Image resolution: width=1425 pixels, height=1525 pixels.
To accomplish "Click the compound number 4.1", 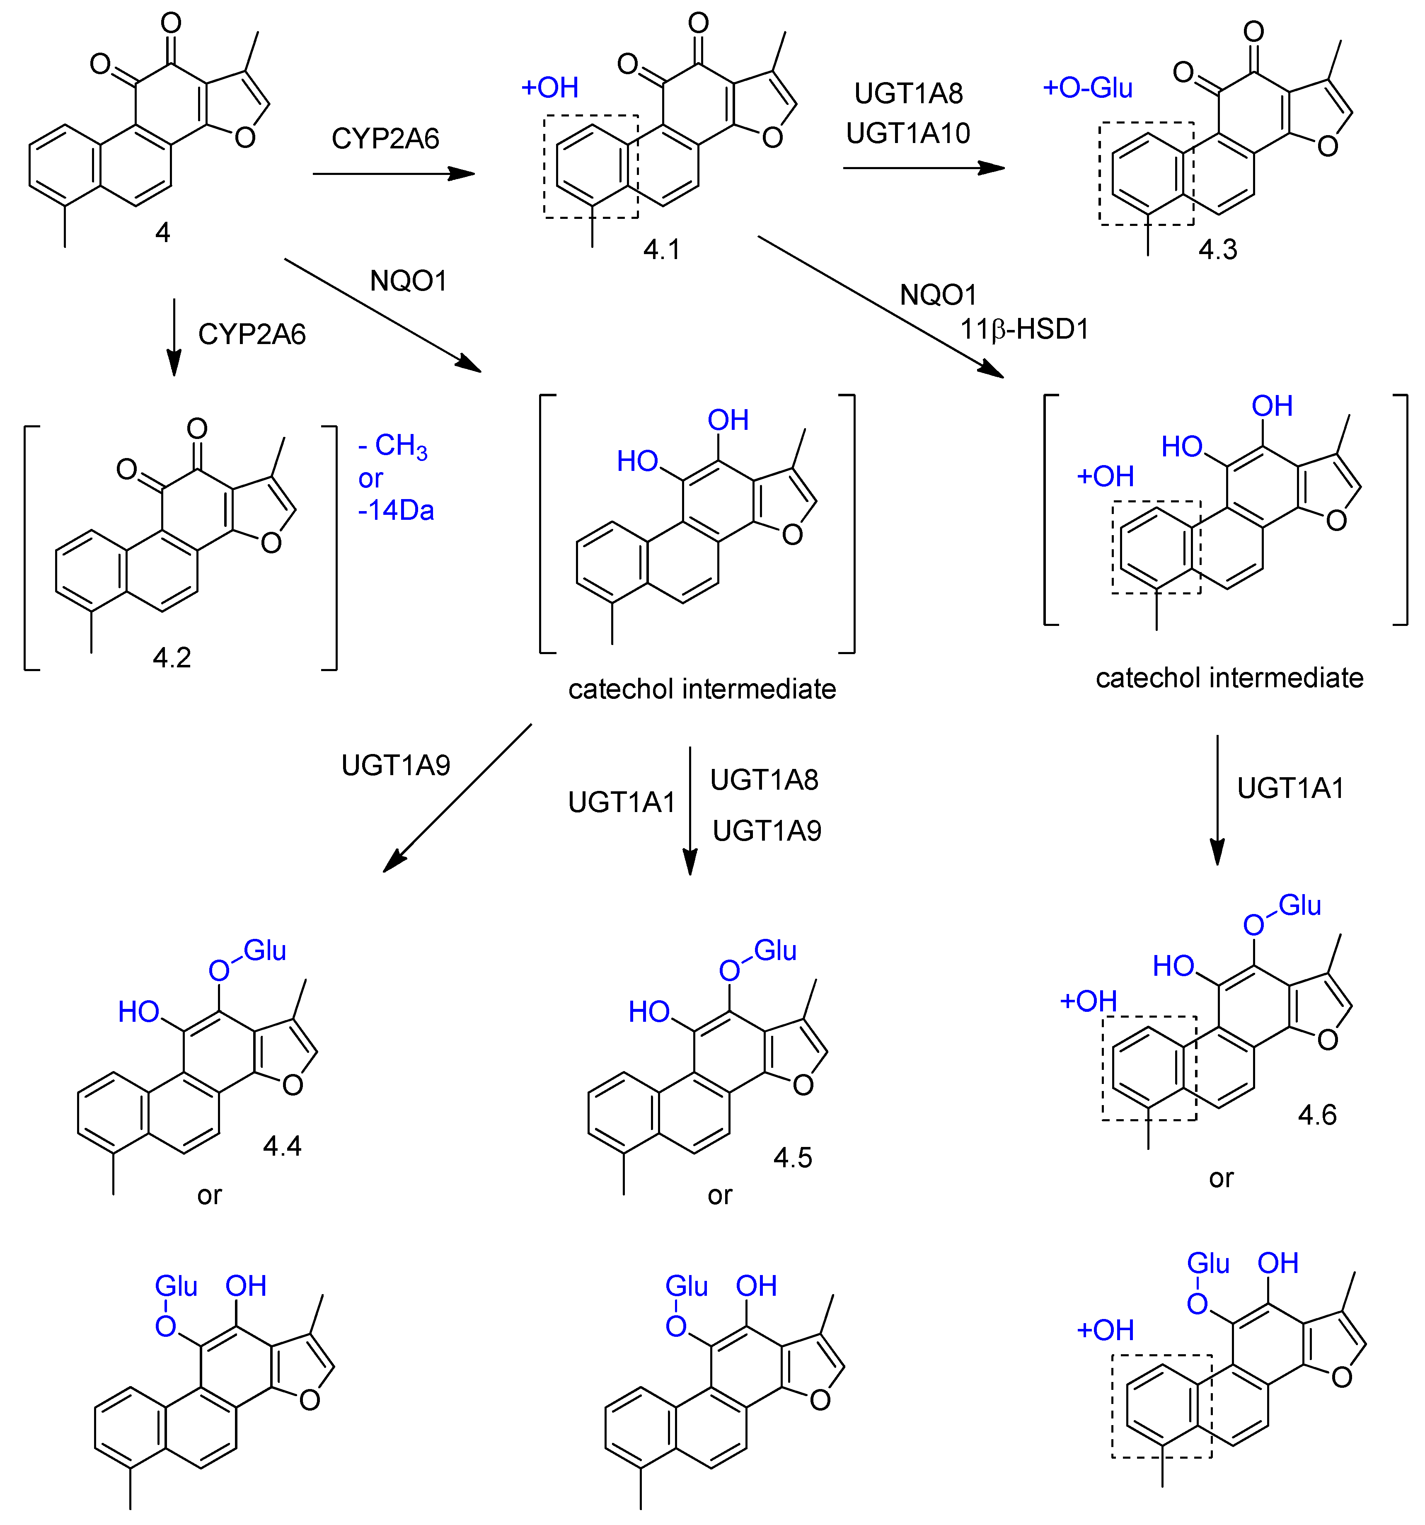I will (661, 249).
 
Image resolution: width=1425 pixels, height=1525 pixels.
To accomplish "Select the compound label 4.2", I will (172, 657).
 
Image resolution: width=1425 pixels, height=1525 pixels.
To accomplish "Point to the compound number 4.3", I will (1218, 249).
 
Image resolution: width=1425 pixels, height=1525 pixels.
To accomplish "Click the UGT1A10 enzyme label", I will (908, 133).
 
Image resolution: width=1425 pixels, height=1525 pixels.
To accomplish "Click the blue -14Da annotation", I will (396, 510).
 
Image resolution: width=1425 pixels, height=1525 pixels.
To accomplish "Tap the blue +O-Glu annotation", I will (1088, 88).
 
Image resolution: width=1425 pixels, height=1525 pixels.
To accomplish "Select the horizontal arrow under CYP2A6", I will (394, 174).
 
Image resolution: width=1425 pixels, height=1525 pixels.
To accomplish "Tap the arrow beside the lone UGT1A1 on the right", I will (1217, 799).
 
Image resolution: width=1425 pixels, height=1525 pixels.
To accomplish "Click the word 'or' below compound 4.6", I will (1221, 1178).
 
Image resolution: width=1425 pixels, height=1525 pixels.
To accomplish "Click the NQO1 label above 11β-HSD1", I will (938, 295).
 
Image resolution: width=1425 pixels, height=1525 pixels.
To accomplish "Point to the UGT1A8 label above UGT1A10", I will (908, 94).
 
